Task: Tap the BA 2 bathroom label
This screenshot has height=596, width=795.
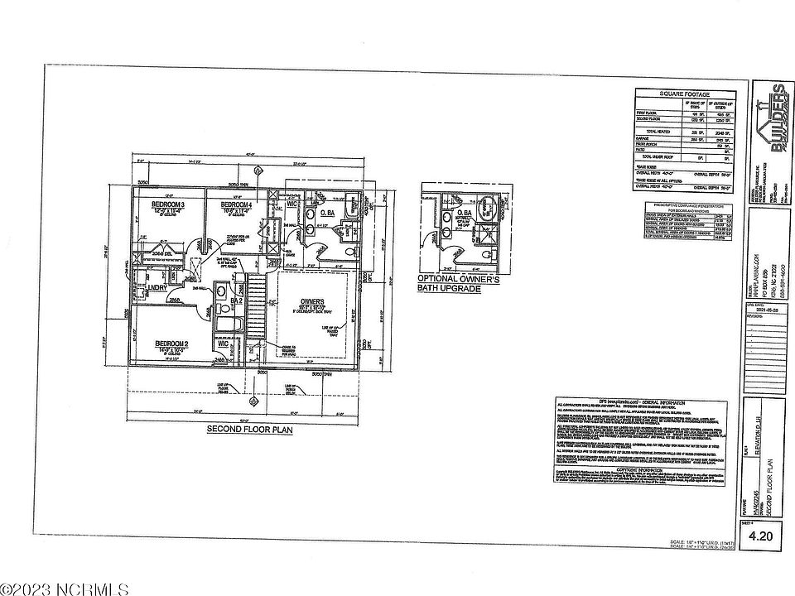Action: click(x=235, y=301)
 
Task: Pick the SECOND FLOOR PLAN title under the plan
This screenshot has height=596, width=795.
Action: click(x=242, y=430)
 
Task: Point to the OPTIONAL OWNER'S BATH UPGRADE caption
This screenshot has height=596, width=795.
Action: click(x=460, y=284)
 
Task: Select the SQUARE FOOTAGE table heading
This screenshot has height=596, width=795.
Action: click(x=684, y=94)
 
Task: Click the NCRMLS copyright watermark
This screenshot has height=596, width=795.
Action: click(x=65, y=589)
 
